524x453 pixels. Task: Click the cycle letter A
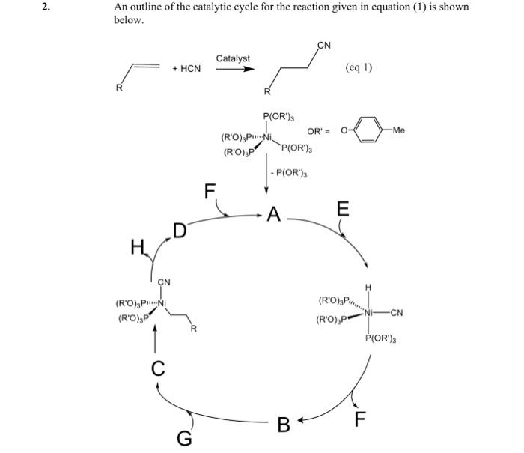(273, 216)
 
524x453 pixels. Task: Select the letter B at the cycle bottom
(284, 425)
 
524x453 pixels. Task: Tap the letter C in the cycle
(157, 368)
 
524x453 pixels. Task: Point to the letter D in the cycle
(180, 228)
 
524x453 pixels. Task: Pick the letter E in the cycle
(342, 209)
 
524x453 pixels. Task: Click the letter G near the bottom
(183, 437)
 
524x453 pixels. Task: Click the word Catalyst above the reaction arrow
(234, 58)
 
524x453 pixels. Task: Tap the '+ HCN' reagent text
(186, 69)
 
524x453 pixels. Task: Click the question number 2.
(45, 7)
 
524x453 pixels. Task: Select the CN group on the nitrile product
(324, 45)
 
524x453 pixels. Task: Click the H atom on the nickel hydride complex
(368, 287)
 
